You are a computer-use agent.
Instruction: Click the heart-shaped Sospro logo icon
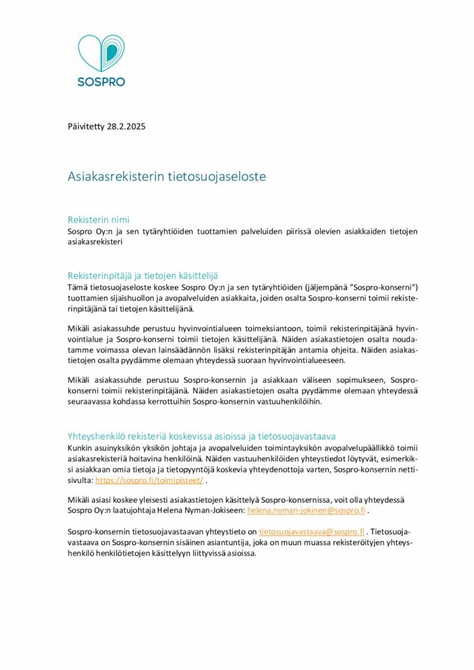[x=100, y=55]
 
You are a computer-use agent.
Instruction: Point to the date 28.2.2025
[x=127, y=126]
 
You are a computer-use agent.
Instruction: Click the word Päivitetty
[x=88, y=126]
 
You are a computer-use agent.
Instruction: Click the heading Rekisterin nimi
[x=103, y=219]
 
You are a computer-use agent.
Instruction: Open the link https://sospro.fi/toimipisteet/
[x=150, y=480]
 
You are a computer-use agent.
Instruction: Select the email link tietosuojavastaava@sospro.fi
[x=312, y=533]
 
